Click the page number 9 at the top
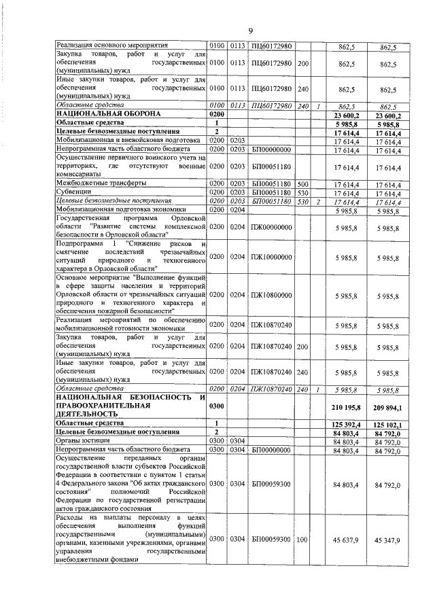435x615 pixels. click(x=250, y=30)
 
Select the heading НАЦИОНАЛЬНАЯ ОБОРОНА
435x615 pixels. click(x=99, y=115)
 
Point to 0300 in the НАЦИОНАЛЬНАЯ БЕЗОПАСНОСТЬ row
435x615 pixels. click(x=217, y=406)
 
